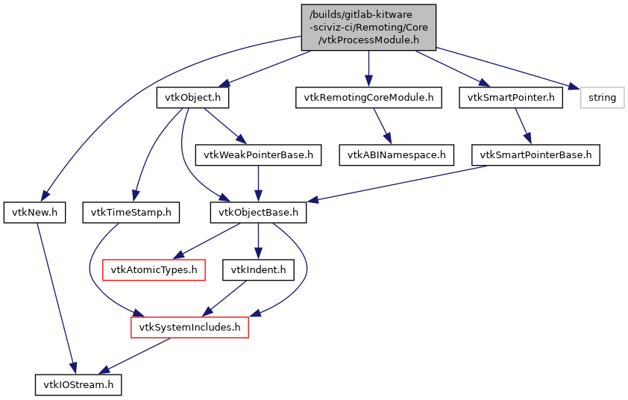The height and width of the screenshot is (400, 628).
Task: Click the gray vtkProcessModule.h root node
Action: point(368,28)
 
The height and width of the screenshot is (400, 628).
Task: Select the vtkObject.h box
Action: point(192,98)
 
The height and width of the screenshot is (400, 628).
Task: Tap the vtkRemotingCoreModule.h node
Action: point(368,98)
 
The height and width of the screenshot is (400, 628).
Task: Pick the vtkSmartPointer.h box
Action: point(511,98)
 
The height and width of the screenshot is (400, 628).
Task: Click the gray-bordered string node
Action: point(603,98)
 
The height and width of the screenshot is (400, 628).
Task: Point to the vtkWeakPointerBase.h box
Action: point(258,155)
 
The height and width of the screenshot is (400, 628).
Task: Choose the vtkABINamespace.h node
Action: point(397,155)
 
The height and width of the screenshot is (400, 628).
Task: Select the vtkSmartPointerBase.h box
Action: point(536,155)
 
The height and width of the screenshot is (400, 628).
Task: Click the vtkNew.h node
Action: point(35,213)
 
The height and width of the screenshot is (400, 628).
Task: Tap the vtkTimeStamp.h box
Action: point(131,213)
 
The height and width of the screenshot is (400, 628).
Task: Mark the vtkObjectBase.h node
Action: point(258,213)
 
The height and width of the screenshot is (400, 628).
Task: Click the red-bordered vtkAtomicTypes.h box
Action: point(154,269)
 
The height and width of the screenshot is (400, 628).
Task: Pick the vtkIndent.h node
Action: point(258,269)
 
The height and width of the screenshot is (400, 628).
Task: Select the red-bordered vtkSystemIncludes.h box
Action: point(189,327)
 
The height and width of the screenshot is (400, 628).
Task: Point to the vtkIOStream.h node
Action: point(78,384)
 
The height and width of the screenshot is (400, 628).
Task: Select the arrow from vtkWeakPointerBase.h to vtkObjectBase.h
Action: point(258,184)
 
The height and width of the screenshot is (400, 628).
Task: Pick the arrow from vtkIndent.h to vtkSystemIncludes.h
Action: point(224,298)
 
